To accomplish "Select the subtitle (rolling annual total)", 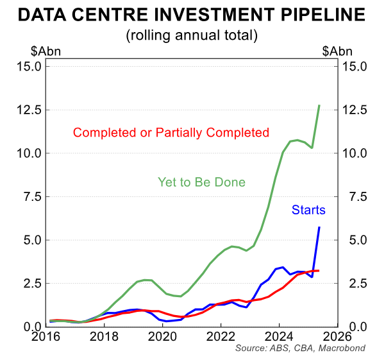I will (x=188, y=35).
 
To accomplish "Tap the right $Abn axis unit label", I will (x=337, y=52).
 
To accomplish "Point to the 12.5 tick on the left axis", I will (x=29, y=110).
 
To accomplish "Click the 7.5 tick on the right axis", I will (x=355, y=197).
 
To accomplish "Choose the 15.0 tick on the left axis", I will (x=29, y=66).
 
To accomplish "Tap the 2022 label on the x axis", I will (x=221, y=336).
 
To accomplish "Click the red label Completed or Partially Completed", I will (x=171, y=133).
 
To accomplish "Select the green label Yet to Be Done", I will (x=201, y=182).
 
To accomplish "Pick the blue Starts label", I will (x=308, y=210).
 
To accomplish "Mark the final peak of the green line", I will (x=319, y=105).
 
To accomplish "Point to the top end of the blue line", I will (x=319, y=227).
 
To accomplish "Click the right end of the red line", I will (x=319, y=271).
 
